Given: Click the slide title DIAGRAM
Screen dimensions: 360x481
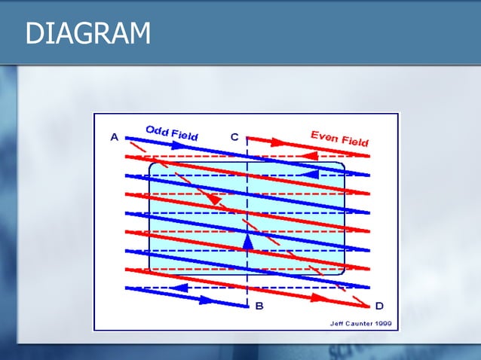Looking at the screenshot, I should tap(87, 34).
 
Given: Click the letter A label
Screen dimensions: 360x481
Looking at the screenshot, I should tap(115, 137).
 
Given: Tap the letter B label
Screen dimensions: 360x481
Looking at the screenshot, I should tap(259, 306).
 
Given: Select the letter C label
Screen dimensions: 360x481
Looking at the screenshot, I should tap(234, 137).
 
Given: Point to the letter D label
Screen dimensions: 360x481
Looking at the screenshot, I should tap(379, 306).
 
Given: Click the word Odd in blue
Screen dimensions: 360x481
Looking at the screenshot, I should tap(157, 130).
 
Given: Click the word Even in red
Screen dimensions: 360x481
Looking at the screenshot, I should tap(325, 136).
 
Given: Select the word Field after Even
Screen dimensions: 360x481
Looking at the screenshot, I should tap(354, 141).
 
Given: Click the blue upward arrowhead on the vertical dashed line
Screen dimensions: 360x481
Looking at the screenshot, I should tap(248, 239).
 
